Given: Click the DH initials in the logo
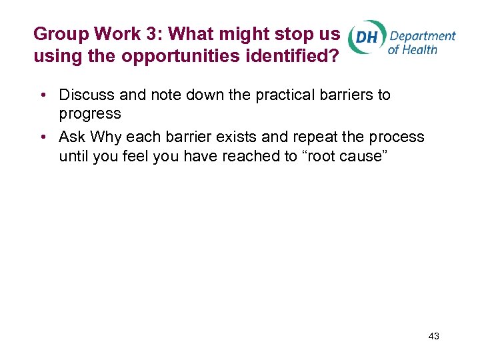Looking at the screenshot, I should tap(367, 38).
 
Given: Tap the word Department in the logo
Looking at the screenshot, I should tap(423, 35).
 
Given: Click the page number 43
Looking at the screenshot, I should tap(433, 336).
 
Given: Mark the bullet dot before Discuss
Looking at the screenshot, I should tap(42, 95).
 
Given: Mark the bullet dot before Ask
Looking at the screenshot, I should tap(42, 137).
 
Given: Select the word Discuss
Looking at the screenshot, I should tap(85, 95).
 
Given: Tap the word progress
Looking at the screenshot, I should tap(90, 113).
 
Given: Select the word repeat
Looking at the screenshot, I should tap(297, 137).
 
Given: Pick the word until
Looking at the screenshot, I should tap(73, 156).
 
